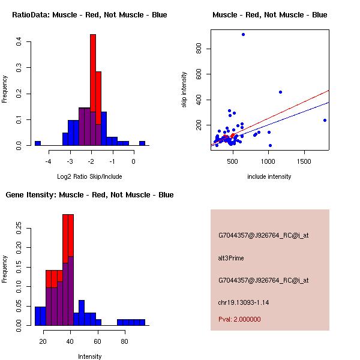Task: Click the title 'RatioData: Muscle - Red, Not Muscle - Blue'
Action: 89,14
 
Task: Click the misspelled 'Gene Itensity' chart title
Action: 89,195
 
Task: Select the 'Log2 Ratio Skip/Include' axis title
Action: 89,176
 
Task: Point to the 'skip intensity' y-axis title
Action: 184,90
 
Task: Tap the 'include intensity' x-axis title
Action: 269,176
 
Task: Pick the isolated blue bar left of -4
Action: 38,143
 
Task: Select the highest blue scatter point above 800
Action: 243,34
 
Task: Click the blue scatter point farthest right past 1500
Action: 325,120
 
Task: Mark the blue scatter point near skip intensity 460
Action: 280,92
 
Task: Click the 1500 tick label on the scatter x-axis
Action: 304,161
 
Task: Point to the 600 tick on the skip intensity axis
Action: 199,74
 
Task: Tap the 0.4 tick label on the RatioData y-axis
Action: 19,42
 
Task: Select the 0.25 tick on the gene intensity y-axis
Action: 19,228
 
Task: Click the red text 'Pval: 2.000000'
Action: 239,319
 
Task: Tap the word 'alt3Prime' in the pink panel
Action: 231,258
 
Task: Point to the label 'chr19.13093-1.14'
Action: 243,302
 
